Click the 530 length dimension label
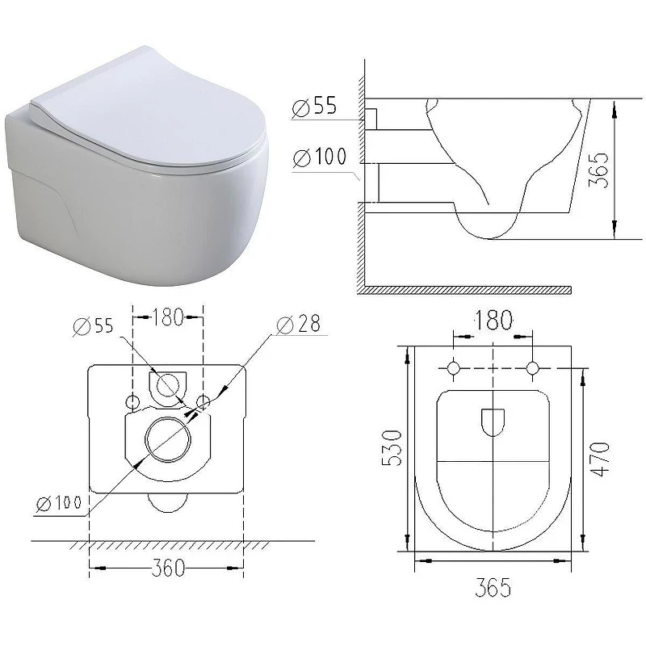392,448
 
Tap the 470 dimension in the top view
600,459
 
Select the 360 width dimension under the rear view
168,568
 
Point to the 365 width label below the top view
493,587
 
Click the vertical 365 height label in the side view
598,170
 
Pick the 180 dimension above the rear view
168,317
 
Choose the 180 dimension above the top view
493,320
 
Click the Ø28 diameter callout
298,325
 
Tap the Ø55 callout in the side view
314,107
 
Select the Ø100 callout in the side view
320,157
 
